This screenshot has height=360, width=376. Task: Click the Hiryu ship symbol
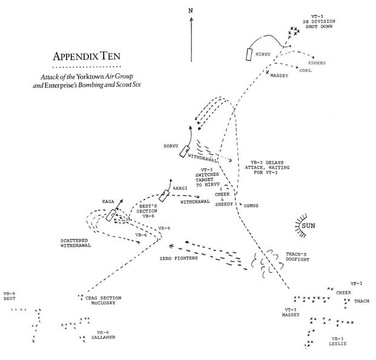click(x=249, y=53)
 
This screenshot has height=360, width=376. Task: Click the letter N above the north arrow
click(x=190, y=11)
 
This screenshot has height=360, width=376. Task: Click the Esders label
click(x=317, y=63)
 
